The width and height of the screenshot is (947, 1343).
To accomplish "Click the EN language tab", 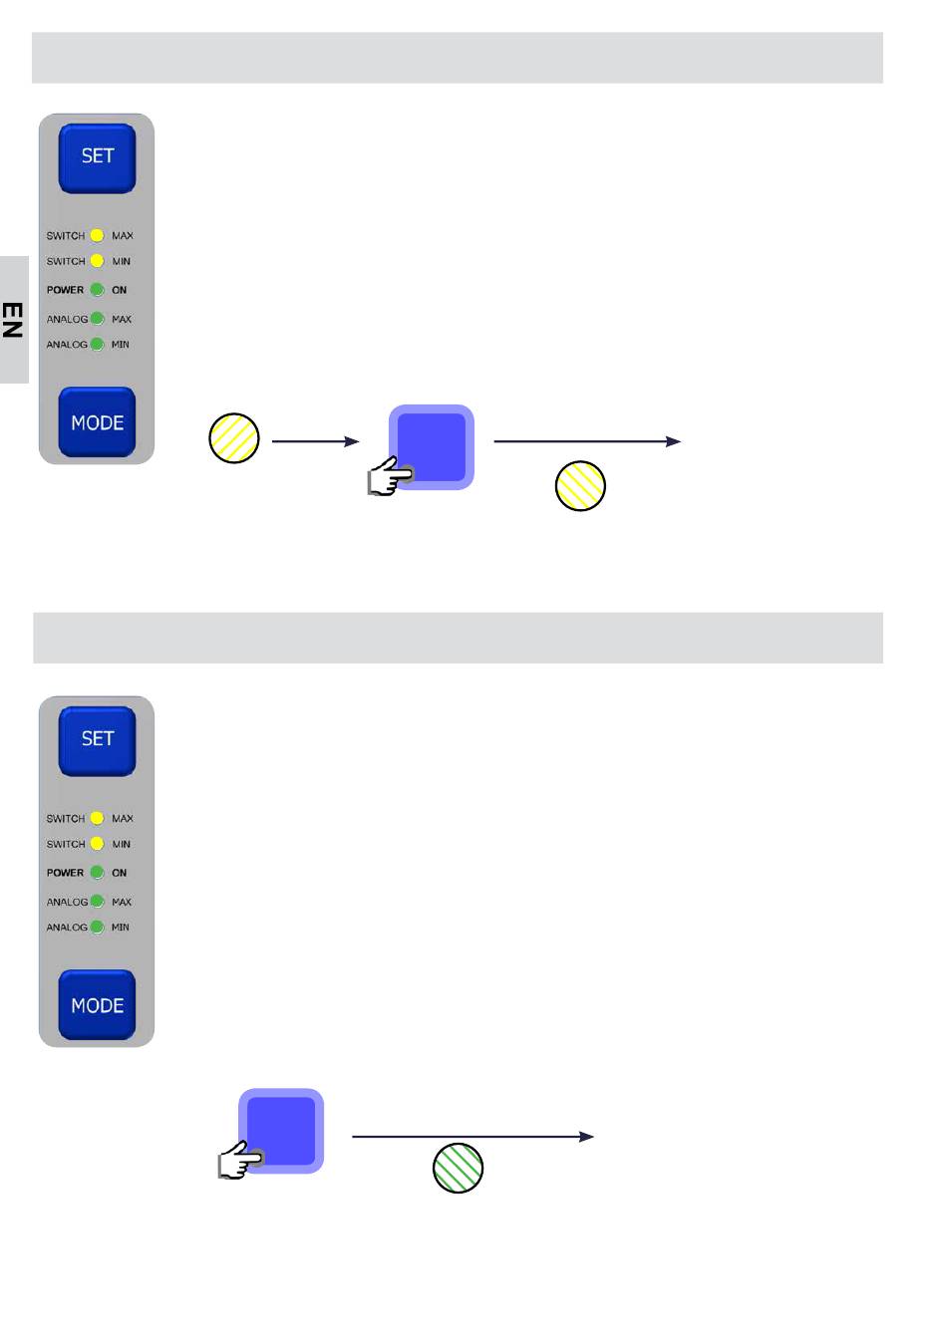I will [x=13, y=320].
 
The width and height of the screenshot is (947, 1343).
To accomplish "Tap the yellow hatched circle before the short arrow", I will [x=234, y=438].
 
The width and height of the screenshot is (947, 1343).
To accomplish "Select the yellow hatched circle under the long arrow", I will [x=580, y=486].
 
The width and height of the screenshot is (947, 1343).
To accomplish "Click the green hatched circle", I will [x=459, y=1168].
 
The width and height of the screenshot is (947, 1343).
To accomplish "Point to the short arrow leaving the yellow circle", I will [x=315, y=441].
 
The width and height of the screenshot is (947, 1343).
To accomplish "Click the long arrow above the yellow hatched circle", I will [x=587, y=441].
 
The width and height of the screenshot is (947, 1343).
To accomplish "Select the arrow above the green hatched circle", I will [x=473, y=1137].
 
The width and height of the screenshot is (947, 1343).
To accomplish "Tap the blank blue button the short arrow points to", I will [x=432, y=447].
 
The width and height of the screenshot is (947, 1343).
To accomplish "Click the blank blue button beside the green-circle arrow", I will [x=282, y=1131].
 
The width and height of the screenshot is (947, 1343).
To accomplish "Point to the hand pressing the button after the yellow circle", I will [x=388, y=478].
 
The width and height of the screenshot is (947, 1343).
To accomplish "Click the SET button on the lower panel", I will [x=97, y=740].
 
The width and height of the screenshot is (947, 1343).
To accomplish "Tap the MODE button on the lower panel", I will [x=97, y=1005].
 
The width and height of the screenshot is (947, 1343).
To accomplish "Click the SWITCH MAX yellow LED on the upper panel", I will [x=97, y=236].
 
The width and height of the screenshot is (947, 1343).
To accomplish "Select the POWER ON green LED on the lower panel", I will [x=97, y=873].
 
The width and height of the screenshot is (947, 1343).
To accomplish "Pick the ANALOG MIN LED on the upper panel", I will [x=97, y=345].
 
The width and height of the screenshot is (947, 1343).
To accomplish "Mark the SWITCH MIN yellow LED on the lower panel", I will [x=97, y=844].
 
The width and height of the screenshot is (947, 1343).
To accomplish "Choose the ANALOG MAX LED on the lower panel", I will [x=97, y=902].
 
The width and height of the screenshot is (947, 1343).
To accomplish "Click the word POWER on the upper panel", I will [x=65, y=290].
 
